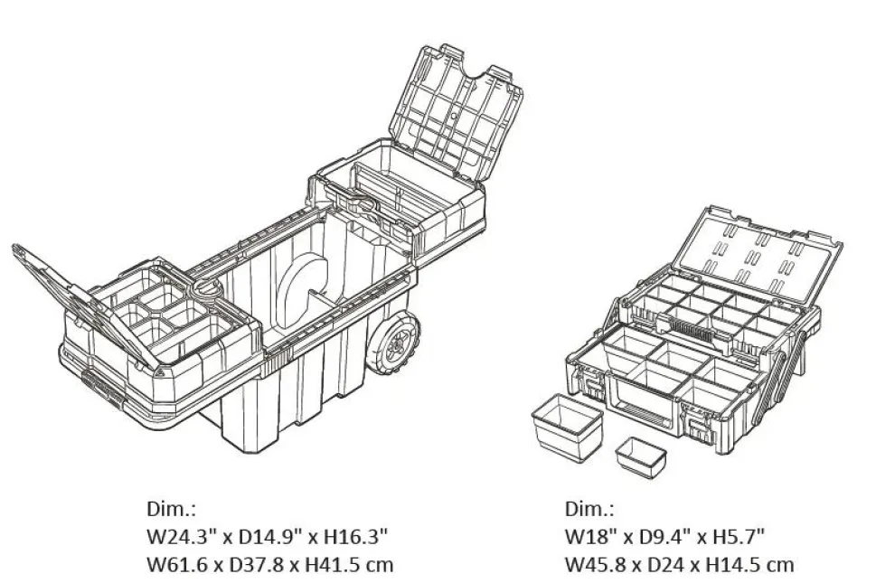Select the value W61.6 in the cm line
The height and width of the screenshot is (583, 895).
tap(177, 565)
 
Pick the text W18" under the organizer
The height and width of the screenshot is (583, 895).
tap(589, 537)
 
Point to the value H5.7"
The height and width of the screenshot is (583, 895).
tap(738, 537)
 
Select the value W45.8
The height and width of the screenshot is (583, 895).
tap(596, 565)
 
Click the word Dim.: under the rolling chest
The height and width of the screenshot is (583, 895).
tap(171, 508)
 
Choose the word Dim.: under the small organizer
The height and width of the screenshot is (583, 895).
tap(589, 508)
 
